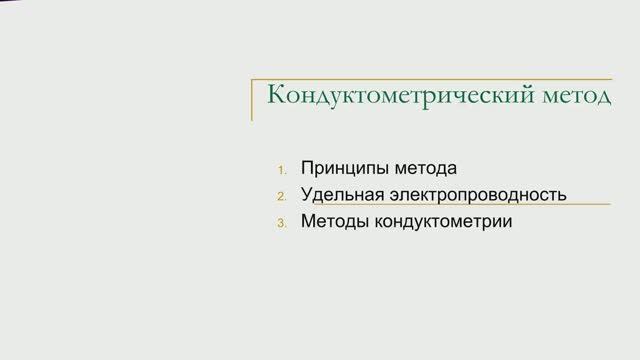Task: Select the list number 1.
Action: coord(282,169)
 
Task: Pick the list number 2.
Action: coord(282,195)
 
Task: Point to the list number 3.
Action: coord(282,222)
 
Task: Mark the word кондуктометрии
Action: coord(443,221)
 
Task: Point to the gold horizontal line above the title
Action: coord(430,76)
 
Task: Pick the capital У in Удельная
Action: coord(306,194)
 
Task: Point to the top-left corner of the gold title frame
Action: coord(251,76)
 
